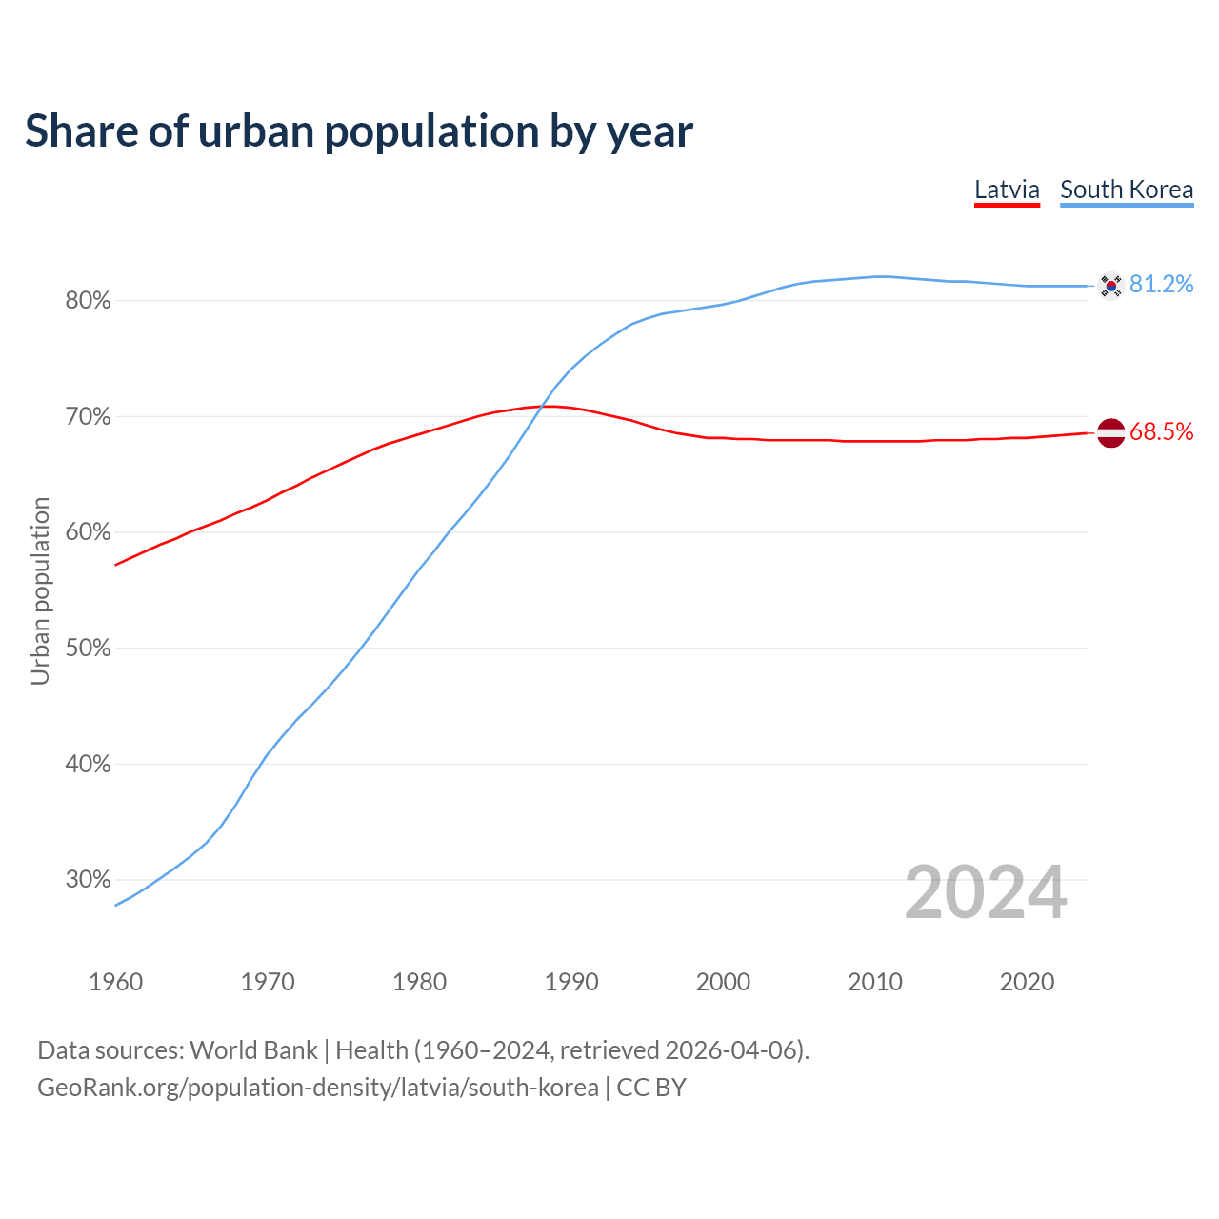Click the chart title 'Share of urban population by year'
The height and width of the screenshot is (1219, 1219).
coord(359,131)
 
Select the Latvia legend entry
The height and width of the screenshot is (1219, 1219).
coord(1007,190)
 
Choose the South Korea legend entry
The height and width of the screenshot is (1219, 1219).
coord(1127,190)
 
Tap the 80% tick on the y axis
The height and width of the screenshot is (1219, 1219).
coord(88,301)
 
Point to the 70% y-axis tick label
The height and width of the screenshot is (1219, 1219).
coord(88,417)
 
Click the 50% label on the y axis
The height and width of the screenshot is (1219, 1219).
coord(88,649)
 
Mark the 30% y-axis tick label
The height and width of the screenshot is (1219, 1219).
coord(88,880)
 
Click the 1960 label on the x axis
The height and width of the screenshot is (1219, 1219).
coord(115,982)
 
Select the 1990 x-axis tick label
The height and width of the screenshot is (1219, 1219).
coord(571,982)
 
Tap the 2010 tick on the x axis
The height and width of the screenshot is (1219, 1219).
coord(875,982)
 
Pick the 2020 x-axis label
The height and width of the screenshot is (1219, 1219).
coord(1027,982)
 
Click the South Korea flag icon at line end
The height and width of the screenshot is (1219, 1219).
coord(1110,286)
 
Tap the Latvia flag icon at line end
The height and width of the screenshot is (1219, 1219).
coord(1110,432)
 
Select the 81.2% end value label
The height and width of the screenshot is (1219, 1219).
coord(1161,285)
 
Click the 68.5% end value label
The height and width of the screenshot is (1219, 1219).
coord(1161,432)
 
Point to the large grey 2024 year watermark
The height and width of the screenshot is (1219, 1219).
coord(986,893)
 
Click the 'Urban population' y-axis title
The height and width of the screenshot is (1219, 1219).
coord(40,590)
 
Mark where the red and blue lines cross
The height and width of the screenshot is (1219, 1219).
coord(542,408)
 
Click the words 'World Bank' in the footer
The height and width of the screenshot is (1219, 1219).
coord(253,1050)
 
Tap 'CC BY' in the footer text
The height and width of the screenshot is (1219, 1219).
coord(651,1088)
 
